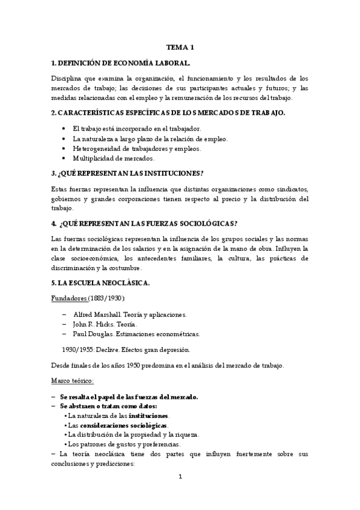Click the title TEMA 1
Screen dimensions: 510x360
(x=180, y=47)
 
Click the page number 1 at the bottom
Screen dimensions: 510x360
(x=180, y=477)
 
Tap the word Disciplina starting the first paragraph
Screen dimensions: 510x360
(x=69, y=79)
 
